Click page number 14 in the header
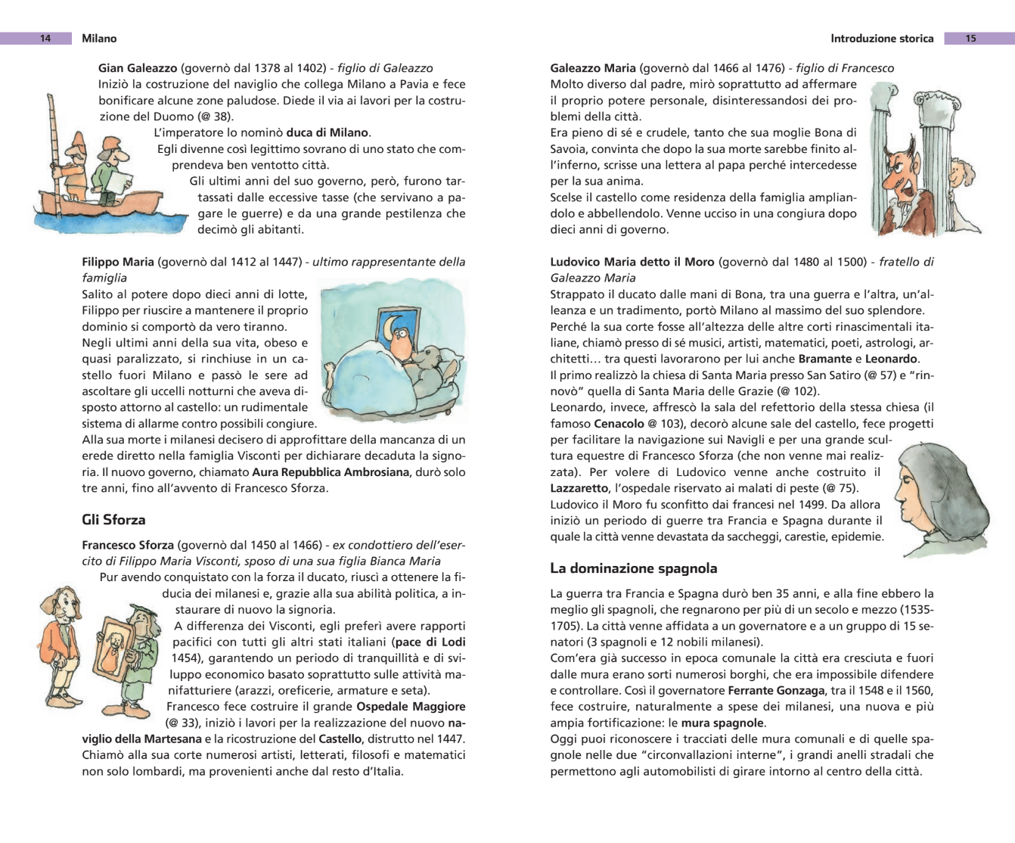tap(45, 39)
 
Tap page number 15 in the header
tap(970, 39)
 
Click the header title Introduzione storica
tap(882, 39)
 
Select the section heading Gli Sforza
tap(113, 520)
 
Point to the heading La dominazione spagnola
tap(633, 568)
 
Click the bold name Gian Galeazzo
tap(138, 68)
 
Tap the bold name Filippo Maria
tap(118, 262)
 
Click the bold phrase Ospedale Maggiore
tap(411, 707)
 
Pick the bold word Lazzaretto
tap(579, 488)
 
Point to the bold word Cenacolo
tap(619, 424)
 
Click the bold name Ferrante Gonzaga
tap(776, 690)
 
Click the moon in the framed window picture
tap(391, 327)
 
